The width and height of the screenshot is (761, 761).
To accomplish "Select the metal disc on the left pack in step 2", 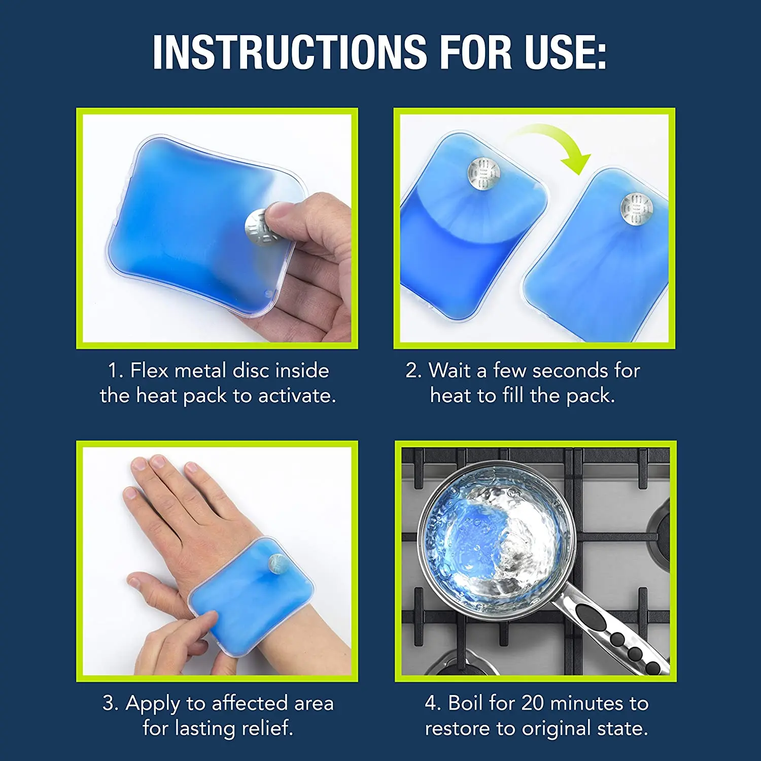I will coord(483,173).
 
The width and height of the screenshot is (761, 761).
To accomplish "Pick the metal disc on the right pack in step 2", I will coord(636,208).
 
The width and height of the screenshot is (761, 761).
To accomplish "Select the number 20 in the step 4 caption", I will coord(533,703).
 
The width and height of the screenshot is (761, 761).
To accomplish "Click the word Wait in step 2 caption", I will coord(449,371).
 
